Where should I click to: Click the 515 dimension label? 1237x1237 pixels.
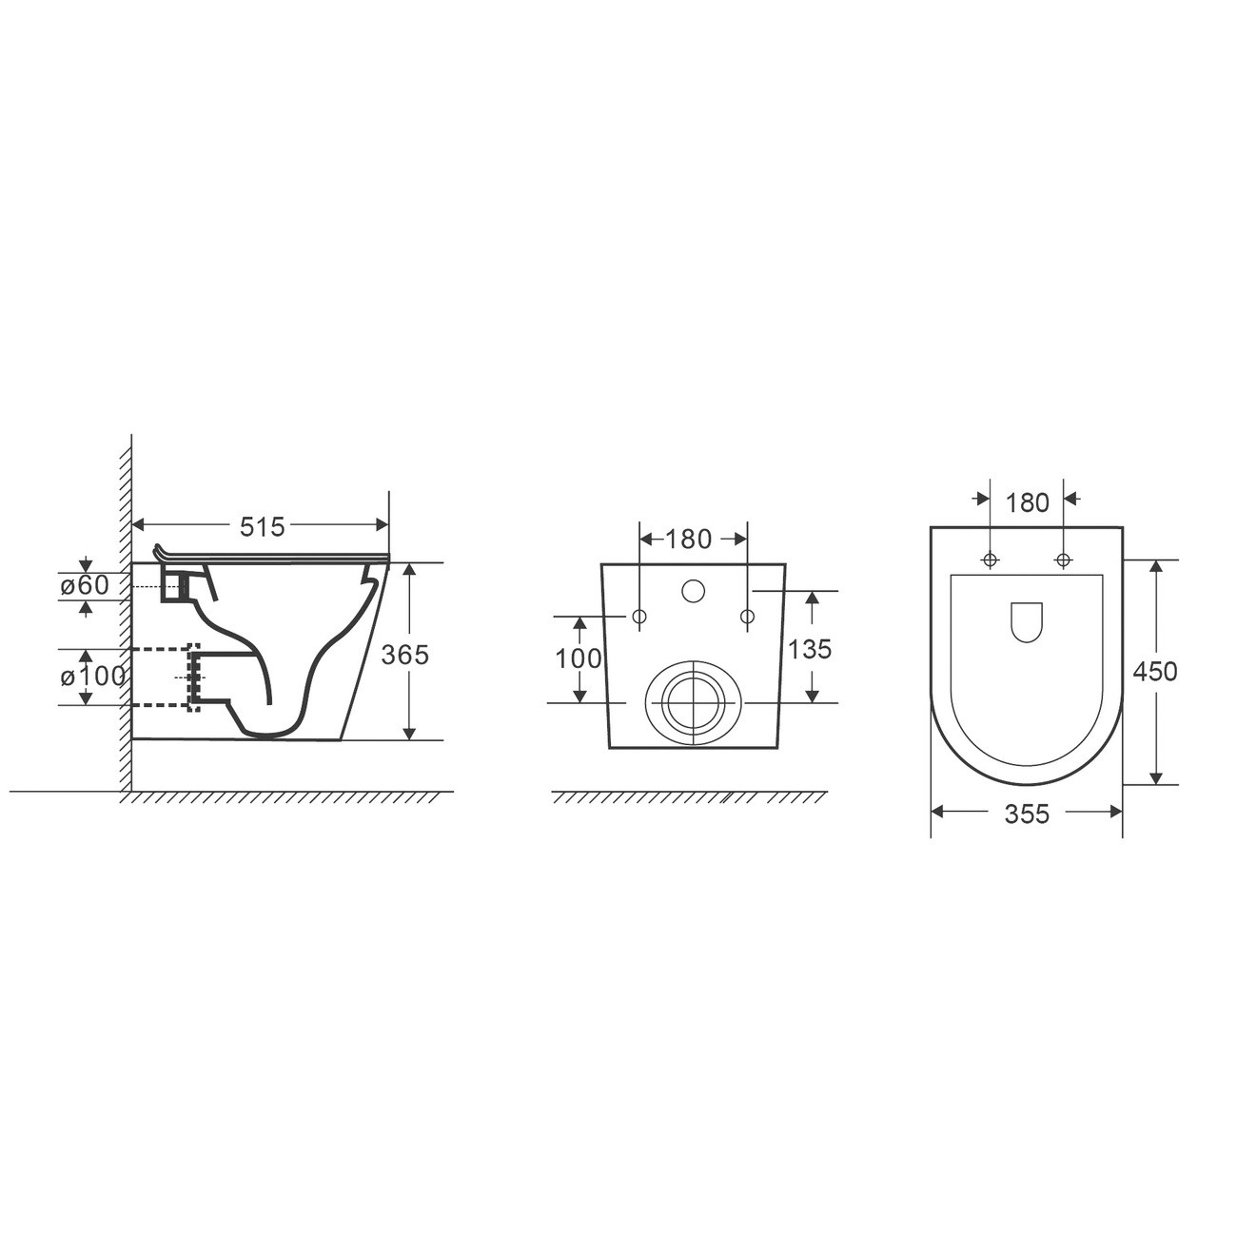click(262, 527)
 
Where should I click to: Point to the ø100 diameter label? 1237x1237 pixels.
click(92, 676)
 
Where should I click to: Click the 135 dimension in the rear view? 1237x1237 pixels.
click(810, 649)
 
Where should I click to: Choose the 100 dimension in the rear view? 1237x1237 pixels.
click(579, 658)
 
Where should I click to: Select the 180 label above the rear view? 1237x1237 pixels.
click(688, 540)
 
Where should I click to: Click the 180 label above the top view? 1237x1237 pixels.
click(1027, 502)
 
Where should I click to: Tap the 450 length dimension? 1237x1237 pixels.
click(1155, 672)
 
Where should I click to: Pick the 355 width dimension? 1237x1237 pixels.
click(1027, 814)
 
